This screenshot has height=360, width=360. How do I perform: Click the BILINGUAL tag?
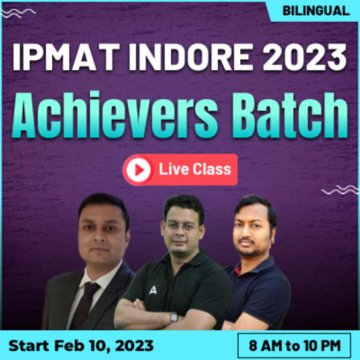(314, 12)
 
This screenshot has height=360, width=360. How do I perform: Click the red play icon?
(138, 170)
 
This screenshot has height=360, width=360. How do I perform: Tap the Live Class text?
(194, 170)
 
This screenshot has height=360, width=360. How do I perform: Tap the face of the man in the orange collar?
(255, 228)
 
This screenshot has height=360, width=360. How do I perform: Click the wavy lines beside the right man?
(339, 190)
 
